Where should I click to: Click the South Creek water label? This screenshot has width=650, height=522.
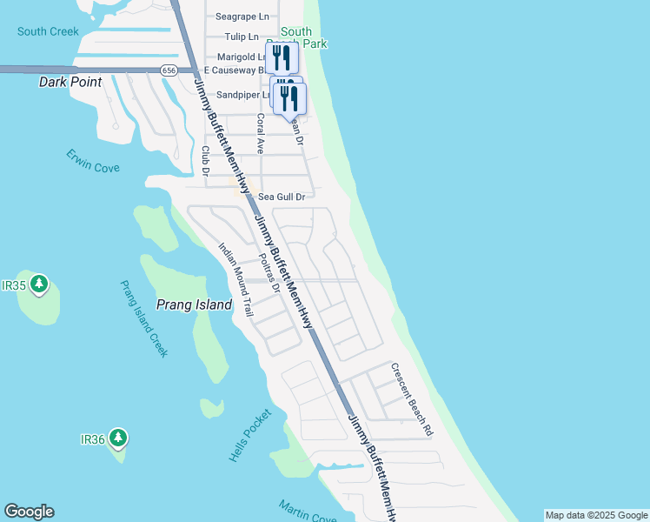(47, 32)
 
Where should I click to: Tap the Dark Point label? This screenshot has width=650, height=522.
(70, 82)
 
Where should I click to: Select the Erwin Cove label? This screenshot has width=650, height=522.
(93, 161)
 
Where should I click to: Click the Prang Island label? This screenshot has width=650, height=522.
(194, 304)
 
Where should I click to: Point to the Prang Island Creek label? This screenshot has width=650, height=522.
(143, 319)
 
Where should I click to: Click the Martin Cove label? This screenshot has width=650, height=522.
(308, 512)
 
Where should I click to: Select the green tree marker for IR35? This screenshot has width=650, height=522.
(38, 284)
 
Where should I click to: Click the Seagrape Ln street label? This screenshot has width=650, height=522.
(242, 17)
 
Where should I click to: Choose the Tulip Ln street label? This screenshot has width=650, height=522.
(242, 37)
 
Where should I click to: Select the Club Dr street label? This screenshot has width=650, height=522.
(206, 160)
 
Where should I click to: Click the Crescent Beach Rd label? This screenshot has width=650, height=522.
(411, 399)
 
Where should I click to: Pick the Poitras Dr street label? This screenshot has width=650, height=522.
(269, 273)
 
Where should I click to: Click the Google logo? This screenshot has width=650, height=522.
(29, 512)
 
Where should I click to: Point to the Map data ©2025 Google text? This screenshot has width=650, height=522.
(596, 515)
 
